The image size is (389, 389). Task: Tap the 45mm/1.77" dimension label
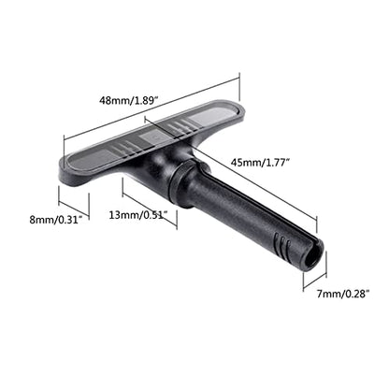pos(261,162)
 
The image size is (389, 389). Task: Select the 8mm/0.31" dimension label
pos(55,220)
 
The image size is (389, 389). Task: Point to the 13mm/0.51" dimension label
pos(138,215)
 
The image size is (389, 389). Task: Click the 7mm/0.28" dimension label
pos(343,294)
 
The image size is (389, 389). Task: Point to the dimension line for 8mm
pos(74,209)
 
